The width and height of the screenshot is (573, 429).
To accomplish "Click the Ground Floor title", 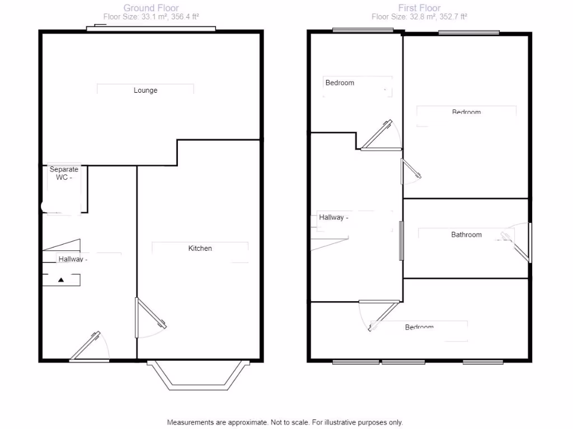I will click(x=151, y=8).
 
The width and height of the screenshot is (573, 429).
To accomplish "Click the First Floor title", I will click(x=419, y=8).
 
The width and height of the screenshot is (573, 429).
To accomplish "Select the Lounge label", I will click(x=145, y=90).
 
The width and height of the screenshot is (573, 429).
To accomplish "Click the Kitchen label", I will click(x=200, y=248).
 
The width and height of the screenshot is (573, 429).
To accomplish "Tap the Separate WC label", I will click(x=64, y=173).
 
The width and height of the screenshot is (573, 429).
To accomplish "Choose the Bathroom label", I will click(x=466, y=235).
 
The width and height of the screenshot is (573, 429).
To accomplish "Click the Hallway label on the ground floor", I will click(x=72, y=259).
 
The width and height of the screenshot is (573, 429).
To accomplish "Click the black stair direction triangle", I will click(x=61, y=279).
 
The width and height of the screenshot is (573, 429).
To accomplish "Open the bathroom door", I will click(x=522, y=242).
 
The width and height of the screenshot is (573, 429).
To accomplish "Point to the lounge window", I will click(x=151, y=28).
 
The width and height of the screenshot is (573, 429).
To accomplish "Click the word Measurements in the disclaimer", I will click(x=190, y=422).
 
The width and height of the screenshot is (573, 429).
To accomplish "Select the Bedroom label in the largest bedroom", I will click(x=466, y=112).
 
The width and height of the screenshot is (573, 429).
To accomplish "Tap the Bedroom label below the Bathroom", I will click(x=419, y=327).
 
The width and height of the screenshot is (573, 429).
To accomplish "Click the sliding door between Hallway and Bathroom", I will click(x=401, y=240).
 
